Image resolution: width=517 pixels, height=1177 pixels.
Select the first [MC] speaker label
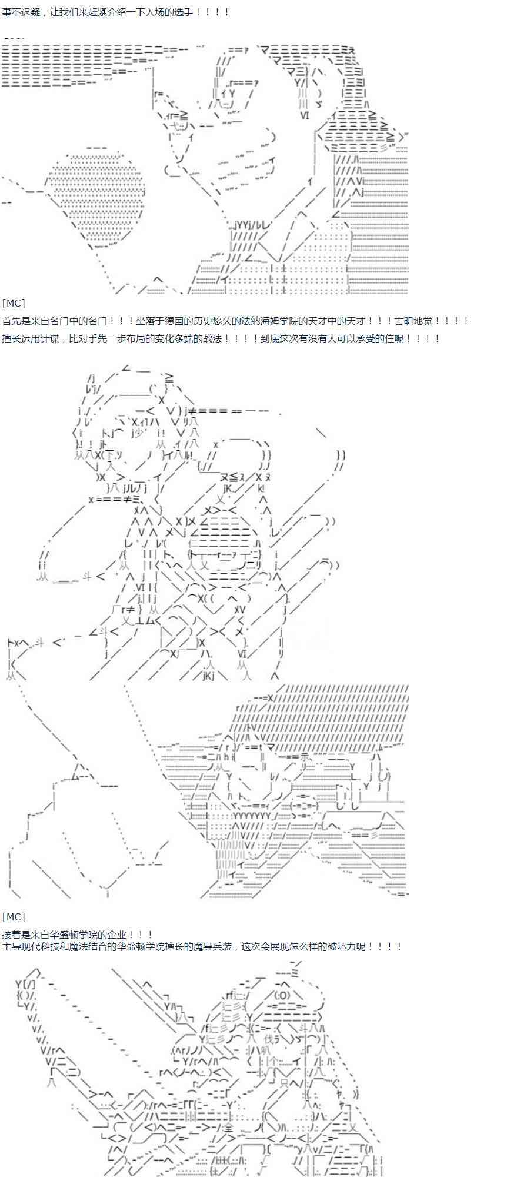[14, 303]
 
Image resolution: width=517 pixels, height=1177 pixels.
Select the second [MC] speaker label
[14, 917]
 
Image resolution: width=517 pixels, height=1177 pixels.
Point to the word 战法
[212, 338]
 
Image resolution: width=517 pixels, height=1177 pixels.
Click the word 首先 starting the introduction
[11, 321]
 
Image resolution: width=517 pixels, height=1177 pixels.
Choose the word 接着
[11, 935]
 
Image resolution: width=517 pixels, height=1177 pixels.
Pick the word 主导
[11, 946]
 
